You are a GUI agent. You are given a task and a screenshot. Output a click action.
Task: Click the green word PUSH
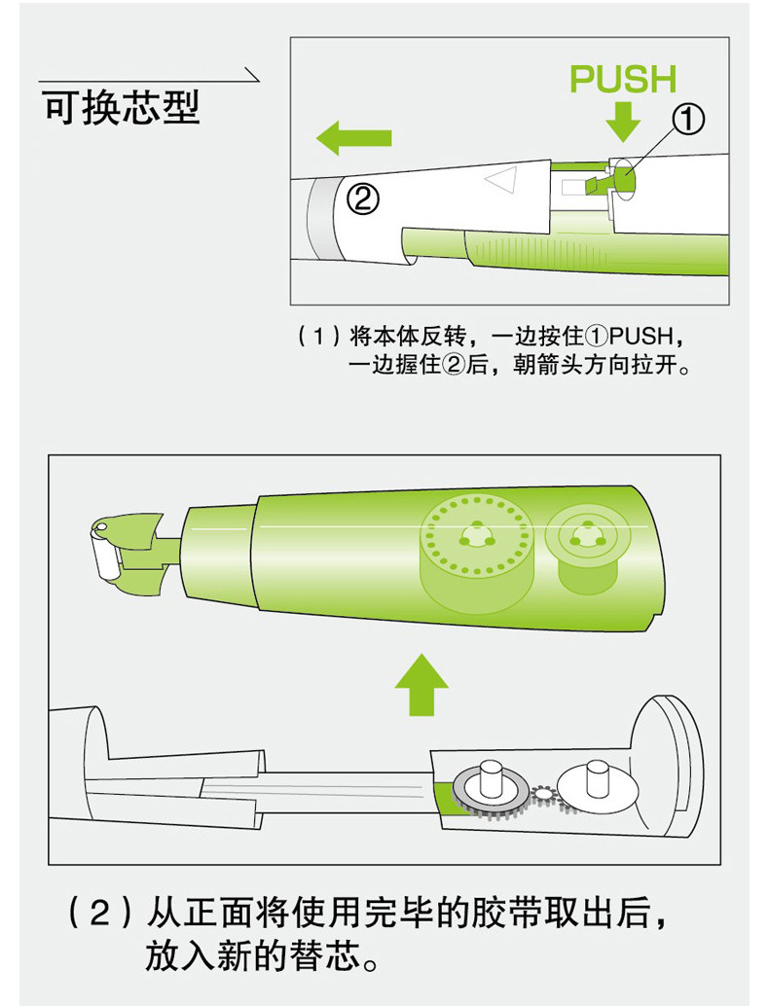point(623,79)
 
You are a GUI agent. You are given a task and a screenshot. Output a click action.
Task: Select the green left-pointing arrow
point(353,137)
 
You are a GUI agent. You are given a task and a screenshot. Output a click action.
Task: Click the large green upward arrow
point(421,685)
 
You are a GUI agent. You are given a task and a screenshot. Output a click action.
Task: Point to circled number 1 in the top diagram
point(687,121)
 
